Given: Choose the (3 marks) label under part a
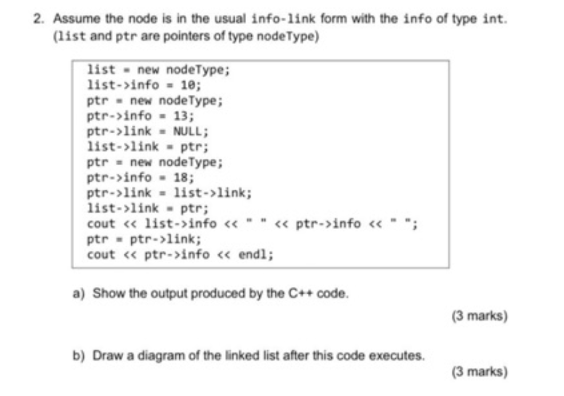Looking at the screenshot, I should (479, 316).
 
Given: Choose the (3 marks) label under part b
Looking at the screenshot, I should (479, 372).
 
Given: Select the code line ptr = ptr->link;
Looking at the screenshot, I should (144, 239).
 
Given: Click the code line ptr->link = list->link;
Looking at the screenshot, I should (169, 192).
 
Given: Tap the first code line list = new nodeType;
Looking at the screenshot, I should (158, 69).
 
